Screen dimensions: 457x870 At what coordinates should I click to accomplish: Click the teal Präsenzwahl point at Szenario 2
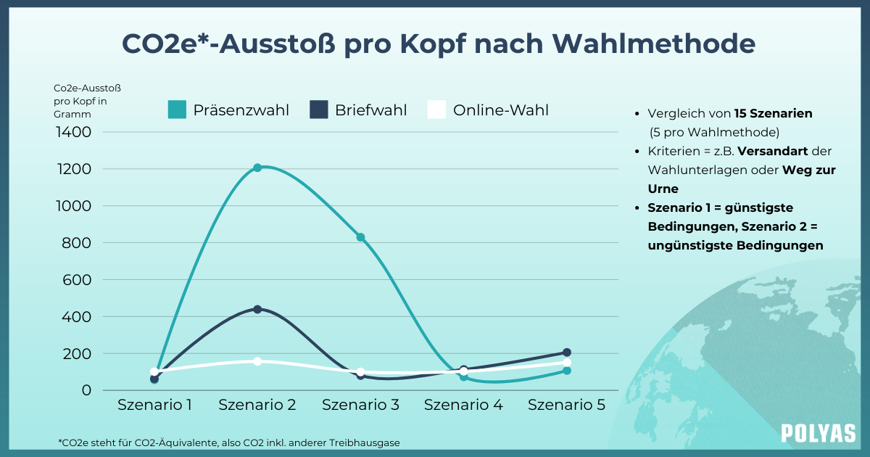[x=257, y=168]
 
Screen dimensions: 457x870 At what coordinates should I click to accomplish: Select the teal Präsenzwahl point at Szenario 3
[x=360, y=237]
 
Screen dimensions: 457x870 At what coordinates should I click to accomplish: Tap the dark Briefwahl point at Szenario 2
[x=257, y=309]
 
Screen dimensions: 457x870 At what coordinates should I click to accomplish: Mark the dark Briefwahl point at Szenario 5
[x=566, y=353]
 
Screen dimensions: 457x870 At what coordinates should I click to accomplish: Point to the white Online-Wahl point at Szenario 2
[x=257, y=361]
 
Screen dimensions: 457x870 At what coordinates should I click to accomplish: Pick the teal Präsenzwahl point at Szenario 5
[x=566, y=371]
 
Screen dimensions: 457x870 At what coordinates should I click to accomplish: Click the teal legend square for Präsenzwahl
[x=177, y=110]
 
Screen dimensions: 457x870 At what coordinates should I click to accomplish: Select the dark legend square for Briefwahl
[x=319, y=110]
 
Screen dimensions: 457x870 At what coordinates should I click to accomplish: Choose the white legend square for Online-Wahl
[x=436, y=110]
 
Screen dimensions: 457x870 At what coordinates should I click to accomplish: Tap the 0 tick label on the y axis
[x=87, y=390]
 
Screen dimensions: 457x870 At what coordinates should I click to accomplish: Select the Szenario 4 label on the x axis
[x=463, y=405]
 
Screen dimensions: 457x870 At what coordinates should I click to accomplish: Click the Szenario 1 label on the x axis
[x=154, y=405]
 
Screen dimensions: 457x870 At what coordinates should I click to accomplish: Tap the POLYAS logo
[x=818, y=433]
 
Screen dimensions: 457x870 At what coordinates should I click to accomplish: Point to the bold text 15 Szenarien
[x=773, y=114]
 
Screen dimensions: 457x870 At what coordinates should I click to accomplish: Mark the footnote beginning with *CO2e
[x=229, y=442]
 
